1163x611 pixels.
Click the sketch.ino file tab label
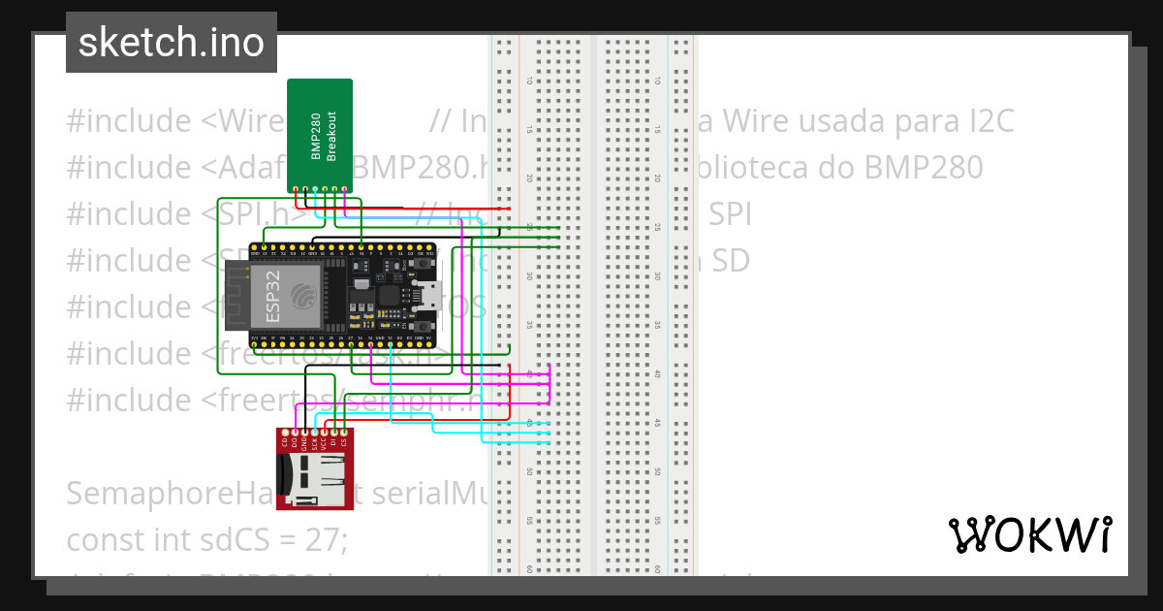172,43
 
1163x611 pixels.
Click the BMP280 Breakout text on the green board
324,136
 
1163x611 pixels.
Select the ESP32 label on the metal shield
274,297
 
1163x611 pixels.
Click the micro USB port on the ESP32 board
433,296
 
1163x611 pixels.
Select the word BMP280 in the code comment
929,168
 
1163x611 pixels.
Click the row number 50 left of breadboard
529,471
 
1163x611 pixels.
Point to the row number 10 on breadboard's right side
657,81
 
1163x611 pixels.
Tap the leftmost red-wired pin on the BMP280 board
297,189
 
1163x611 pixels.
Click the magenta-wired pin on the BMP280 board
344,189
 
